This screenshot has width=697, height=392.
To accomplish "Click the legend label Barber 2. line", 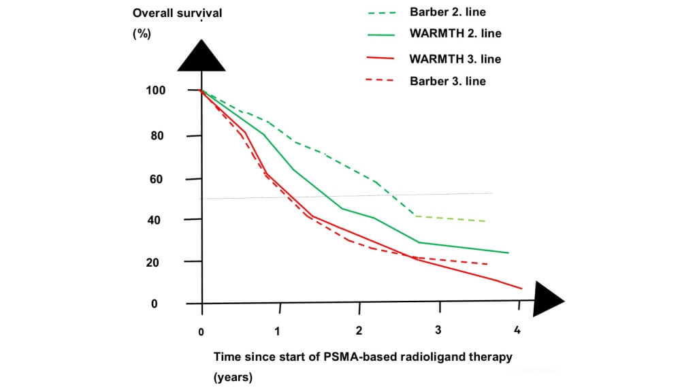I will [x=447, y=12].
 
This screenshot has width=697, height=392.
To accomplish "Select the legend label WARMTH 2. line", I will [x=455, y=33].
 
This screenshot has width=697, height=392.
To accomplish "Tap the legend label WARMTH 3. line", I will [x=455, y=59].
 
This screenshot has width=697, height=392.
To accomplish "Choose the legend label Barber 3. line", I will [x=447, y=81].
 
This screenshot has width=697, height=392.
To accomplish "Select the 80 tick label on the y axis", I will [x=157, y=135].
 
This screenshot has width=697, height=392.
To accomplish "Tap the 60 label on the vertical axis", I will [x=157, y=180].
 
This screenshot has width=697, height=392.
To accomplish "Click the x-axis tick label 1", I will [x=278, y=331].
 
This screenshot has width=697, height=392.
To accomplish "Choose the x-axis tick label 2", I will [x=359, y=331].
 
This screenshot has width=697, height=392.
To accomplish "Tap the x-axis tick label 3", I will [x=438, y=330].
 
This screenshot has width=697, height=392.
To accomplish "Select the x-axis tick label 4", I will [x=517, y=331].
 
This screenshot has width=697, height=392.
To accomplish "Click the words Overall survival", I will [x=177, y=14].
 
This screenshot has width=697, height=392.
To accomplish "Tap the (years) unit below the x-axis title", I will [x=232, y=378].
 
